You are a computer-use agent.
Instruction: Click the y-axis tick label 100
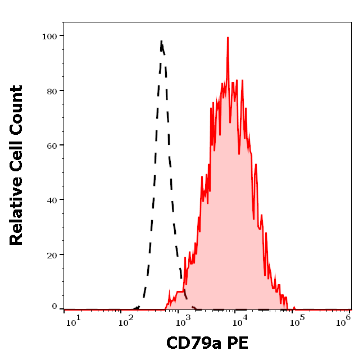(49, 36)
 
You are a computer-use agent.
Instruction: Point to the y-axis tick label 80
(52, 90)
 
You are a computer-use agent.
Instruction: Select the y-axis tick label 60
(52, 145)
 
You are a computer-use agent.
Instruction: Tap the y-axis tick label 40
(52, 200)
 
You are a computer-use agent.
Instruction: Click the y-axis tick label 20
(52, 254)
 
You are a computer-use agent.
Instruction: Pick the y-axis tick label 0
(55, 307)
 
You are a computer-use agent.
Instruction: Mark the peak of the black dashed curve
(162, 41)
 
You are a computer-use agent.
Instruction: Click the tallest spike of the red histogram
(228, 38)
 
